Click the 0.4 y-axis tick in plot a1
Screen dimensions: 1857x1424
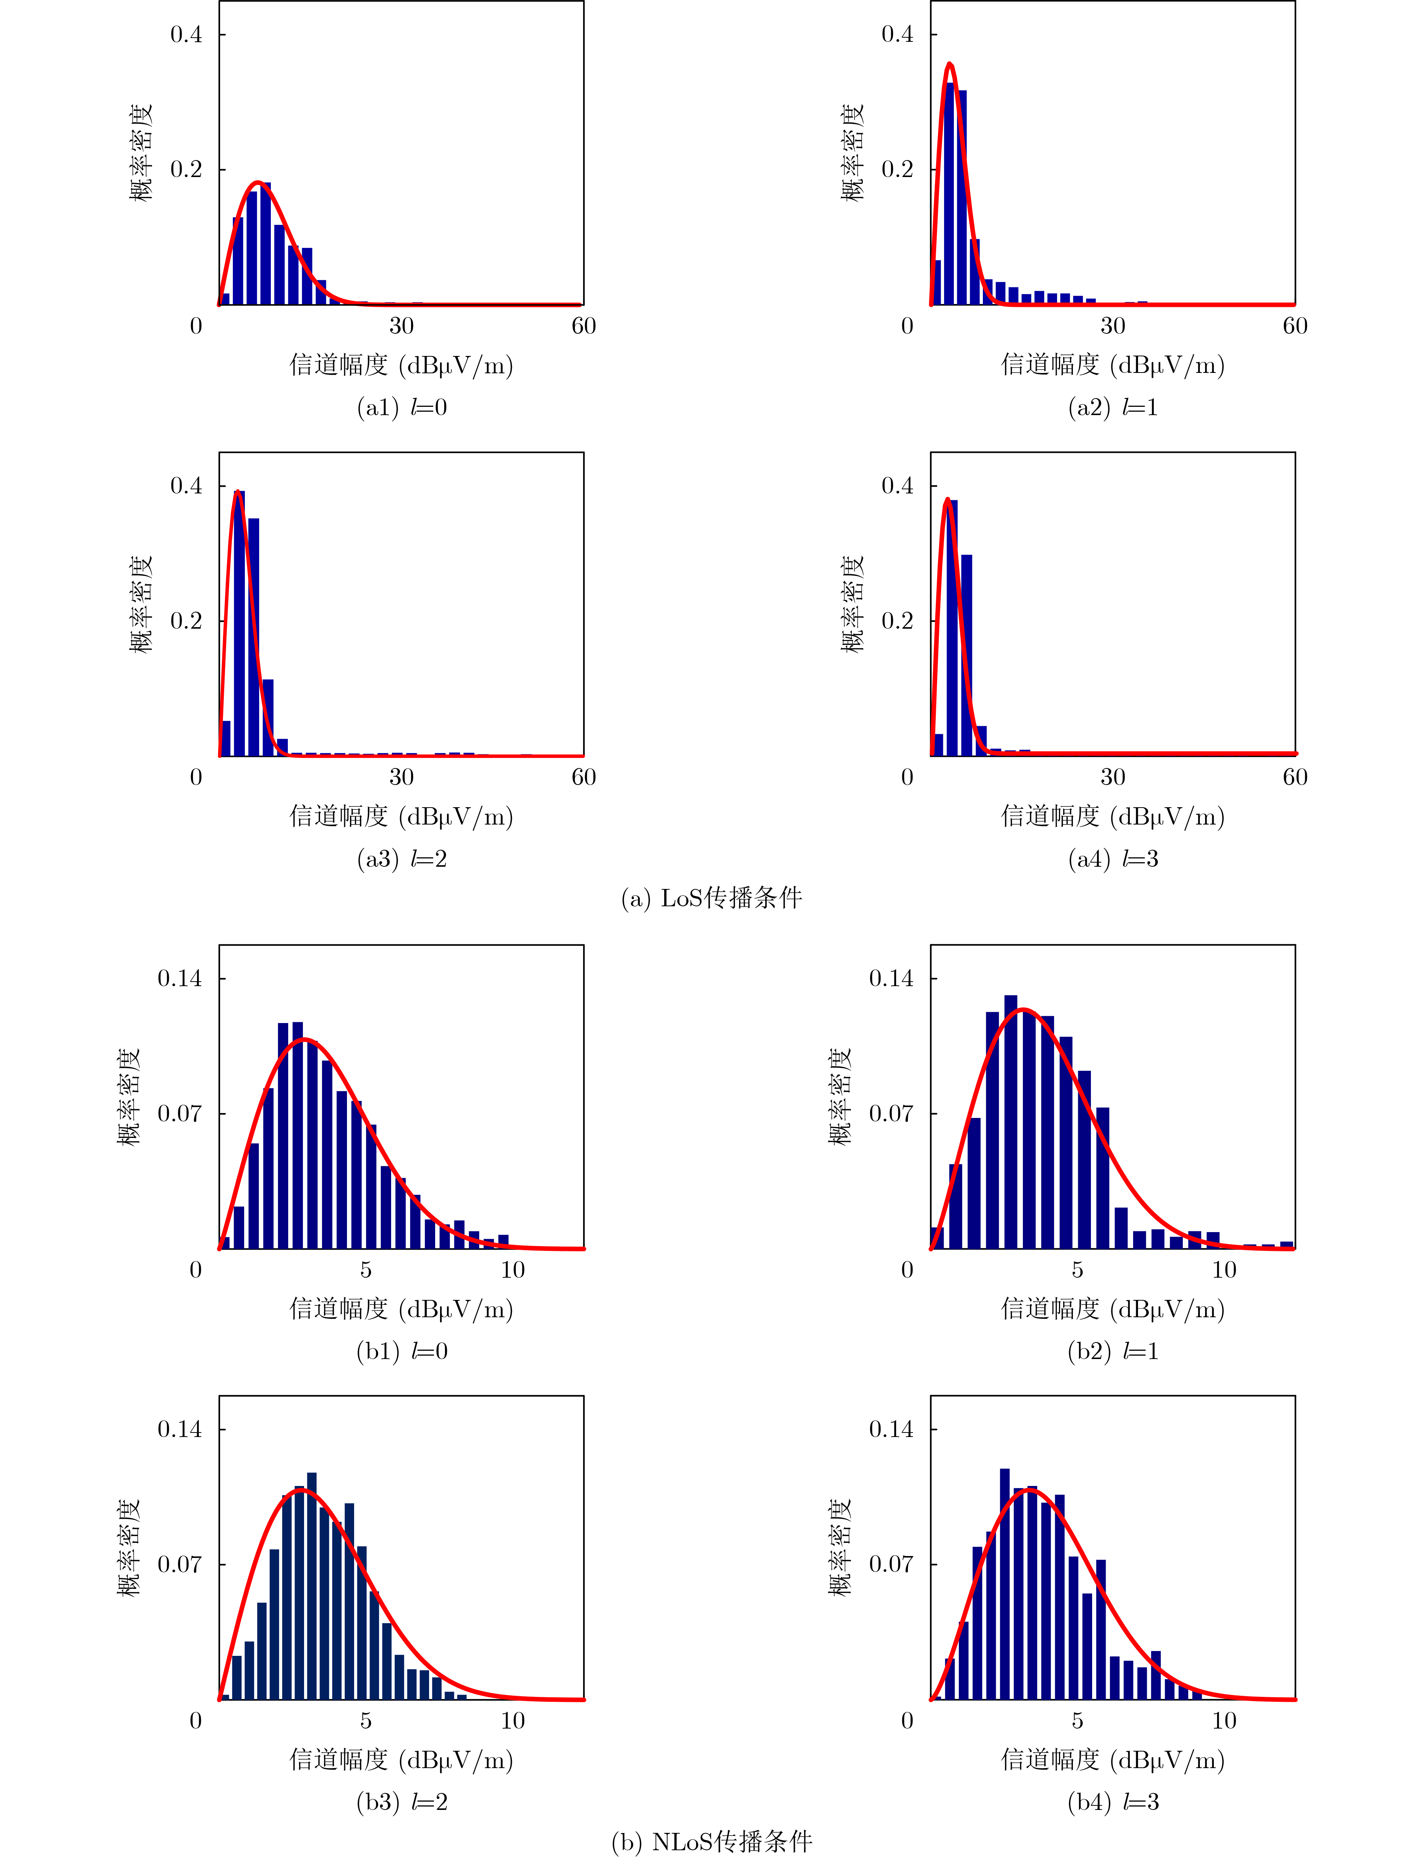point(186,35)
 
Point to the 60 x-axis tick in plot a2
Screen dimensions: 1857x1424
point(1294,326)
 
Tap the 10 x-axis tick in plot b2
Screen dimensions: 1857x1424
point(1224,1270)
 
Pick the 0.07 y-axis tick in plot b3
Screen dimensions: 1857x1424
point(180,1564)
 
